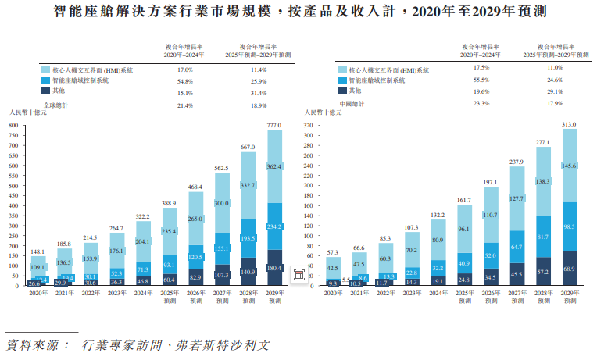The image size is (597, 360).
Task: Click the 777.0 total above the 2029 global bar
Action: click(x=273, y=125)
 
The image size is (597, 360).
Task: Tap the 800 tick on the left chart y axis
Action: click(x=13, y=125)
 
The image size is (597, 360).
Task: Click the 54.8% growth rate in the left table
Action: click(x=185, y=80)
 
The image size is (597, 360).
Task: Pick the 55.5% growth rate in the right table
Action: click(x=481, y=80)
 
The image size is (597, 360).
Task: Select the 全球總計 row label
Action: click(x=55, y=104)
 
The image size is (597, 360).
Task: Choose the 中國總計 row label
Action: click(x=351, y=103)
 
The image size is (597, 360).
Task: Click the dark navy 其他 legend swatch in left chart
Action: click(x=45, y=91)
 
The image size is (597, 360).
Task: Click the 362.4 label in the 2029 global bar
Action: click(x=273, y=166)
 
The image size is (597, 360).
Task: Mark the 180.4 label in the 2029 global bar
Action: click(x=273, y=269)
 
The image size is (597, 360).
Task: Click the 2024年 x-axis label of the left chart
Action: click(x=142, y=293)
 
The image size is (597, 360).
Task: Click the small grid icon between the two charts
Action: click(x=298, y=275)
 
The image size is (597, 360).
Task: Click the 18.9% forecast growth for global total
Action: click(x=259, y=104)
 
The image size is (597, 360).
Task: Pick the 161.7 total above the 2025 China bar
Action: click(x=464, y=200)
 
